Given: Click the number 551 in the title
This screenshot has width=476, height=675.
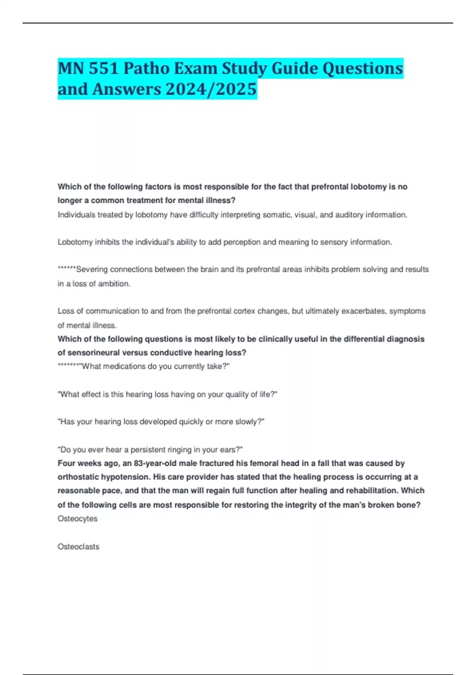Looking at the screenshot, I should coord(104,69).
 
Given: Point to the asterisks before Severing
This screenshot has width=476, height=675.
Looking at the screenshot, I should coord(67,269).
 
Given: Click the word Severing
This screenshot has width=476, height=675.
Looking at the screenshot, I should coord(92,270).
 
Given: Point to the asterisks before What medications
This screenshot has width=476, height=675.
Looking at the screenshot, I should coord(69,366).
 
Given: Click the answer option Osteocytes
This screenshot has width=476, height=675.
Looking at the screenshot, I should coord(77,519).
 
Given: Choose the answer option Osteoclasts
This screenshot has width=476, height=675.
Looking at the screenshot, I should coord(79,547).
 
